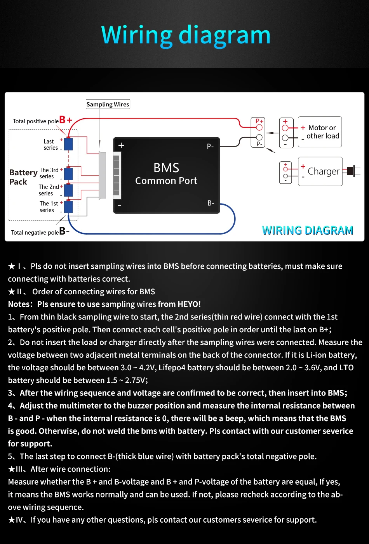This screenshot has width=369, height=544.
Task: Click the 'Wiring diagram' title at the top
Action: [186, 35]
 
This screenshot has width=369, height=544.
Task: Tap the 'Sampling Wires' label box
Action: [108, 104]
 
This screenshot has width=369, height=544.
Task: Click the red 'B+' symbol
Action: [66, 120]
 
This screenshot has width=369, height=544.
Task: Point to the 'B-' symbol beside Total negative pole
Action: [64, 231]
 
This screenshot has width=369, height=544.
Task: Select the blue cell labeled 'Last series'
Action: [68, 144]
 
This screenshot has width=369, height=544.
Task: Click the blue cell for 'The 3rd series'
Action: [68, 174]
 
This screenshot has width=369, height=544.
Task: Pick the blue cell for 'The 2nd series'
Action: [68, 190]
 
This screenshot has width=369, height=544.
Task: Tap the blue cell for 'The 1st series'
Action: [68, 207]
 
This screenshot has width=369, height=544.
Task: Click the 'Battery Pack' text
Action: [23, 177]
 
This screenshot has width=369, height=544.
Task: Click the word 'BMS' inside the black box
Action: [166, 168]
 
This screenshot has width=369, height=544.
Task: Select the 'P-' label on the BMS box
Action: [210, 147]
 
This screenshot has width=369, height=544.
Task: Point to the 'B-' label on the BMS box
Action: [211, 203]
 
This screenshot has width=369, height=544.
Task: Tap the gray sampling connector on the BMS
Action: [103, 175]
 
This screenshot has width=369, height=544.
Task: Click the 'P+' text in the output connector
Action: [259, 121]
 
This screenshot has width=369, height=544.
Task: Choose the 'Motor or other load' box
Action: [320, 132]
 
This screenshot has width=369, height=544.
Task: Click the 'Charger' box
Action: [320, 171]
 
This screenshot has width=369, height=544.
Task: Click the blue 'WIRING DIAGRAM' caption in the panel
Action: [307, 230]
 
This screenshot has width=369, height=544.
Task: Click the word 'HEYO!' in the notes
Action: [189, 304]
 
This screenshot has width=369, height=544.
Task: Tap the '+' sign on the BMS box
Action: [121, 145]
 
